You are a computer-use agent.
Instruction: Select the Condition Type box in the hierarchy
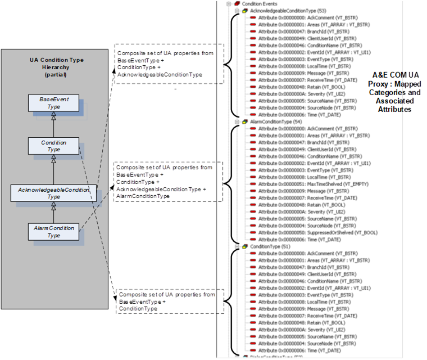tap(53, 146)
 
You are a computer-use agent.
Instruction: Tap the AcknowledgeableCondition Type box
tap(53, 193)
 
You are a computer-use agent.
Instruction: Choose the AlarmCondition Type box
tap(53, 232)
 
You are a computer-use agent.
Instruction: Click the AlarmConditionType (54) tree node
tap(274, 121)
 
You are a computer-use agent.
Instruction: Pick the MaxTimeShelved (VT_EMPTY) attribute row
tap(305, 183)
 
